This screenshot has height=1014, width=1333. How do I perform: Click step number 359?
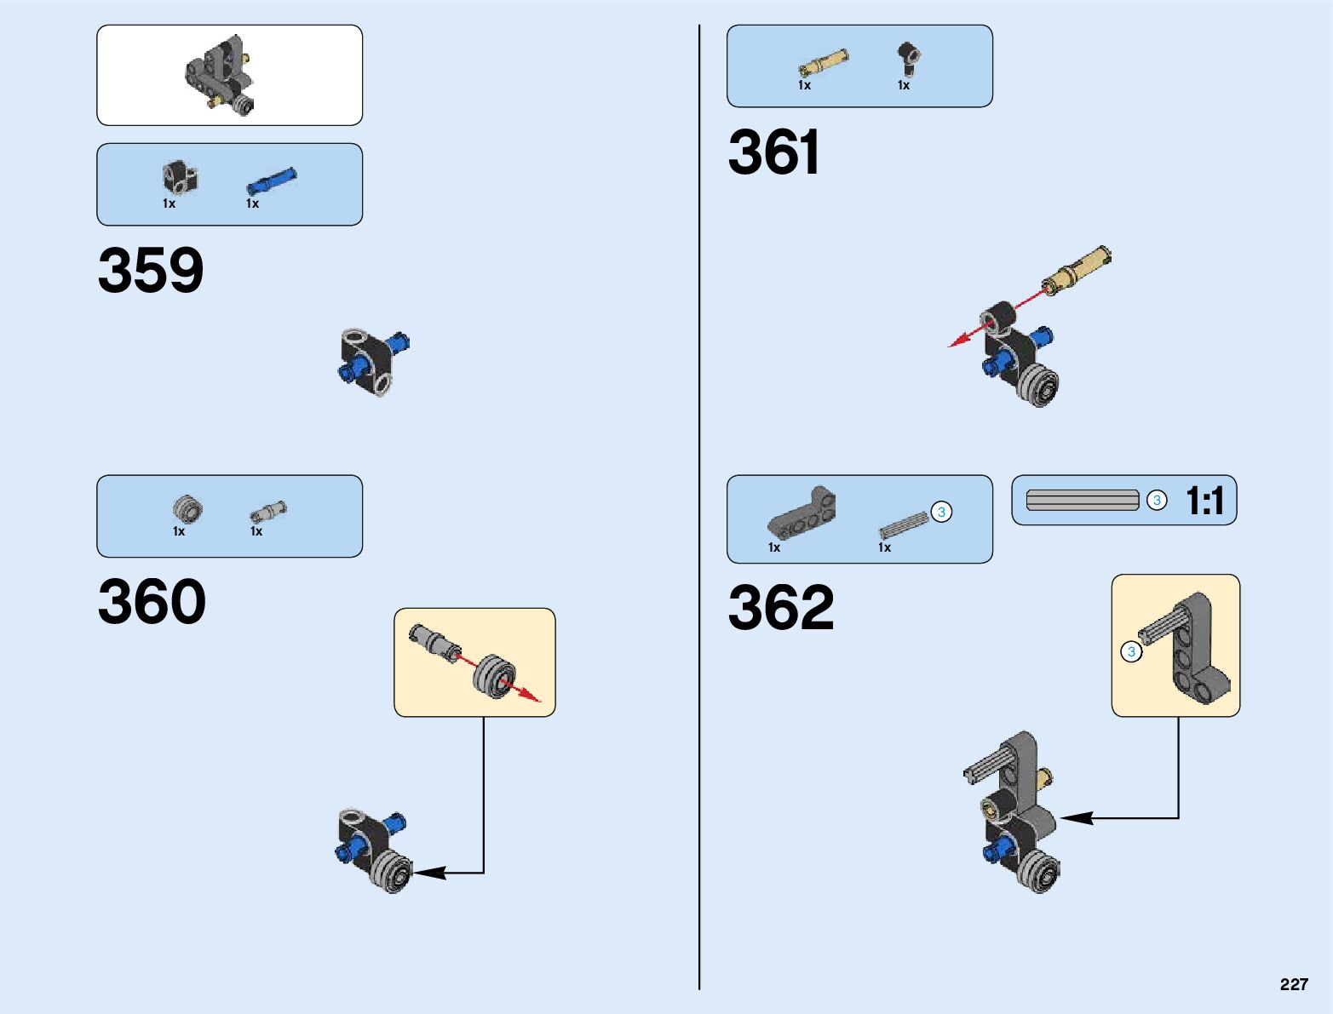pos(151,271)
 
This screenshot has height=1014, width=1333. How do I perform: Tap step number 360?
pos(152,602)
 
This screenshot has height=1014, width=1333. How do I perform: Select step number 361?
pos(773,153)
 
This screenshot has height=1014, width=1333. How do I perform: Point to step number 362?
pos(781,607)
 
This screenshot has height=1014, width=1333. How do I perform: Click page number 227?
pos(1293,984)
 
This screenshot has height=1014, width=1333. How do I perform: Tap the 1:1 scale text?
pos(1204,501)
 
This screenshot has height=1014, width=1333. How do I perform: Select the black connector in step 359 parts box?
pos(180,177)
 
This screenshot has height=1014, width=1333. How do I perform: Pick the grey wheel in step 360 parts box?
pos(187,509)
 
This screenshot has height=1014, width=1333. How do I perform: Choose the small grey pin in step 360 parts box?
pos(267,512)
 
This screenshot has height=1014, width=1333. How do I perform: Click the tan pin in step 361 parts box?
pos(823,64)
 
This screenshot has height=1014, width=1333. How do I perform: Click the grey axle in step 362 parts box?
pos(903,524)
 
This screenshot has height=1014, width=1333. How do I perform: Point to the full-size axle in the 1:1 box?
pos(1082,501)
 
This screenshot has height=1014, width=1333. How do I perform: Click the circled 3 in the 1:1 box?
pos(1156,501)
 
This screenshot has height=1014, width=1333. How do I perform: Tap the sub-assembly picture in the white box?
pos(221,77)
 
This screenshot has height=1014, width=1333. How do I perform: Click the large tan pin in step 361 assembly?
pos(1078,270)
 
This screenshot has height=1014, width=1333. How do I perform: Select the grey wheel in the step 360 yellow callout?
pos(493,676)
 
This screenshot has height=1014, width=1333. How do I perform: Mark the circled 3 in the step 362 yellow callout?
pos(1131,652)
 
